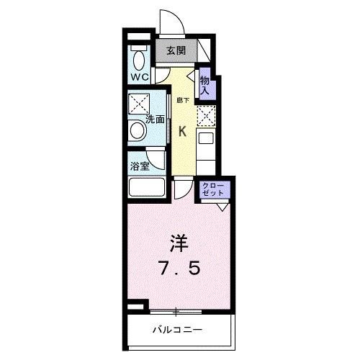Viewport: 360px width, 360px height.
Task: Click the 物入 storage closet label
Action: coord(205,85)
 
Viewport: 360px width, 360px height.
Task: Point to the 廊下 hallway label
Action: coord(182,100)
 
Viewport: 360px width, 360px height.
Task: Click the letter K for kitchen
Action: coord(182,131)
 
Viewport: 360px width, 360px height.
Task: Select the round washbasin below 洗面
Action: coord(137,131)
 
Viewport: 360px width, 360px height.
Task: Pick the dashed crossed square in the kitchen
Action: coord(206,114)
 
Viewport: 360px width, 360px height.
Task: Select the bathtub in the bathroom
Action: coord(147,189)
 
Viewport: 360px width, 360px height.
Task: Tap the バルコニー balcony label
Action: coord(177,330)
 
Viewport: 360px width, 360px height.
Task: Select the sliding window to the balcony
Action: coord(176,311)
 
